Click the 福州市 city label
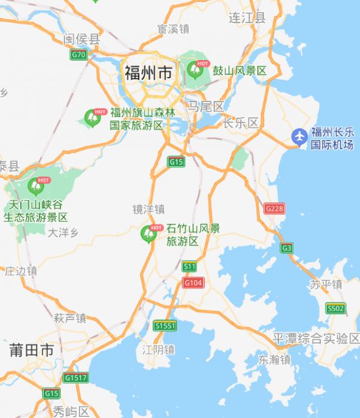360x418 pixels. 148,73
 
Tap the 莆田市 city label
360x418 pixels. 31,350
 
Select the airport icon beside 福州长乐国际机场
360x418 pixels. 299,136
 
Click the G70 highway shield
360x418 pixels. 79,55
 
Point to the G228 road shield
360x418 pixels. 274,208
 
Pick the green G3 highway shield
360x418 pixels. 287,247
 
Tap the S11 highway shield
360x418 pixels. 190,266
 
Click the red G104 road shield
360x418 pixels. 193,282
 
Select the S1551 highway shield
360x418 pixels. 165,325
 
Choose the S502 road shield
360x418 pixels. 335,308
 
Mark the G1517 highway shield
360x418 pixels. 76,378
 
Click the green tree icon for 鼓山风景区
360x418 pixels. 196,69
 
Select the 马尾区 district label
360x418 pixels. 205,107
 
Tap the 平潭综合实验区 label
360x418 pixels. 316,338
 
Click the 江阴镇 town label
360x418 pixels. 158,349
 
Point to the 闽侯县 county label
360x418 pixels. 82,40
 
